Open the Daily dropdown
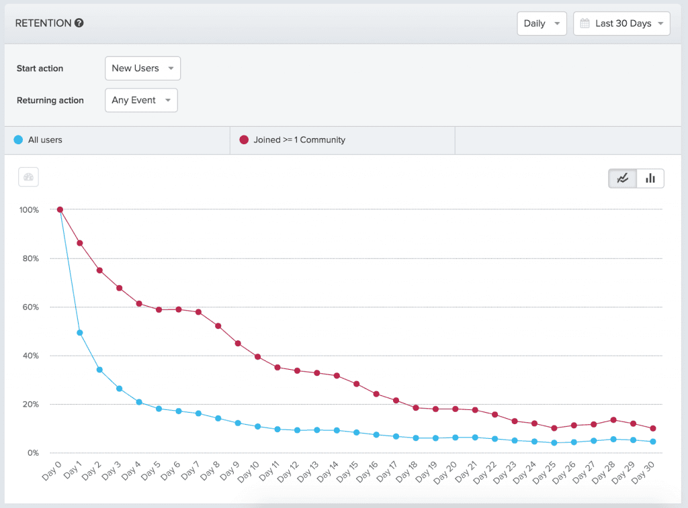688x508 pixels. (x=542, y=23)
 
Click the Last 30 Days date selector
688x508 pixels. (x=621, y=23)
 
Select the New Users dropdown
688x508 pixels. (x=142, y=68)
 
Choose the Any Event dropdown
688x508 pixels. (x=141, y=101)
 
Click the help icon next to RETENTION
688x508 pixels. (x=79, y=23)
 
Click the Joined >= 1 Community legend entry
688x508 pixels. (x=299, y=140)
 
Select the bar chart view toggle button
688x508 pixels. (x=650, y=179)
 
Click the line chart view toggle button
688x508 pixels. (x=623, y=179)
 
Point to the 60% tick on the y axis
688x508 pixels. (x=30, y=307)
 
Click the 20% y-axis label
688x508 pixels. (x=30, y=405)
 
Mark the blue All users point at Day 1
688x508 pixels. (x=80, y=333)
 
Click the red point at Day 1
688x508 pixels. (x=80, y=243)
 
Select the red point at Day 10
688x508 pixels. (x=257, y=357)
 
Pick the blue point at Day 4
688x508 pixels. (x=139, y=402)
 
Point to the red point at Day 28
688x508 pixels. (x=613, y=420)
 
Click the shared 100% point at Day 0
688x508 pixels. (x=60, y=209)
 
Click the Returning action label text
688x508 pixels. (x=50, y=101)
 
